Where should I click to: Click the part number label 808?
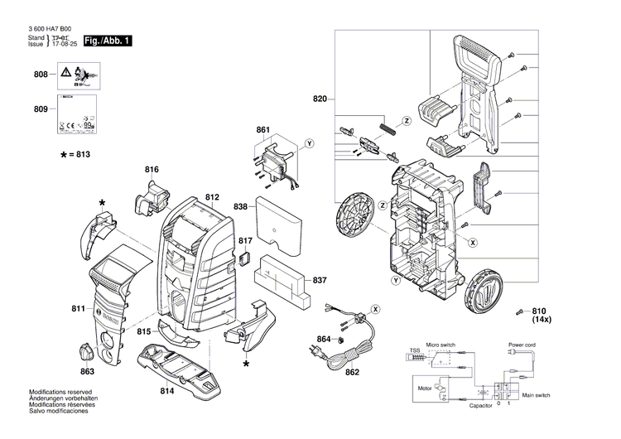(41, 75)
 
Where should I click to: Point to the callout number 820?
(320, 99)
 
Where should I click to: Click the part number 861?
(263, 131)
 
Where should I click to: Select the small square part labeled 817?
(244, 258)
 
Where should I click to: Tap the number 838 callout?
(240, 206)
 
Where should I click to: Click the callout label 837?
(320, 282)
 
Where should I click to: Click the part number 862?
(352, 372)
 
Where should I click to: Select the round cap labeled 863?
(87, 350)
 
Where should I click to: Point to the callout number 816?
(151, 170)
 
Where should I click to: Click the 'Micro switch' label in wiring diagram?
(442, 344)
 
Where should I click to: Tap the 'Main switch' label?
(536, 396)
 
